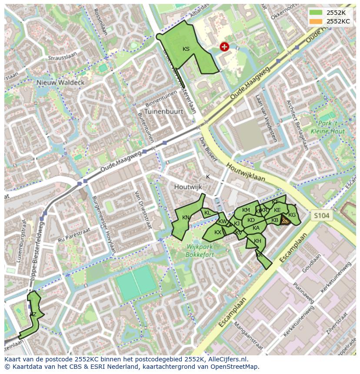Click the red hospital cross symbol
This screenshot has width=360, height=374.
224,46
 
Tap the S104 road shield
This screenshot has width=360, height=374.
322,215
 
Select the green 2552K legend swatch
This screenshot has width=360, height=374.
316,13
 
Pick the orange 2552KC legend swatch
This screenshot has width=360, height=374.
316,21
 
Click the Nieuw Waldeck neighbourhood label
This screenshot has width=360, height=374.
60,82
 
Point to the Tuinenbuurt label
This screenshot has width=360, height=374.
164,111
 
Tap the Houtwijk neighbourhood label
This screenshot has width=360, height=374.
188,187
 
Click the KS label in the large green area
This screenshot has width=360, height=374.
186,49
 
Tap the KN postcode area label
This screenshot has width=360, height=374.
186,218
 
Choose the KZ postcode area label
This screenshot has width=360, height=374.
33,314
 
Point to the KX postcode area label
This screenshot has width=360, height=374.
218,232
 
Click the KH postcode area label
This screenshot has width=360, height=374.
257,241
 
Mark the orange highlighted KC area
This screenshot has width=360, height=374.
285,221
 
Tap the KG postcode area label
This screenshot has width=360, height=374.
292,215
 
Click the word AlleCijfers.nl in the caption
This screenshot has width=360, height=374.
228,359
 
